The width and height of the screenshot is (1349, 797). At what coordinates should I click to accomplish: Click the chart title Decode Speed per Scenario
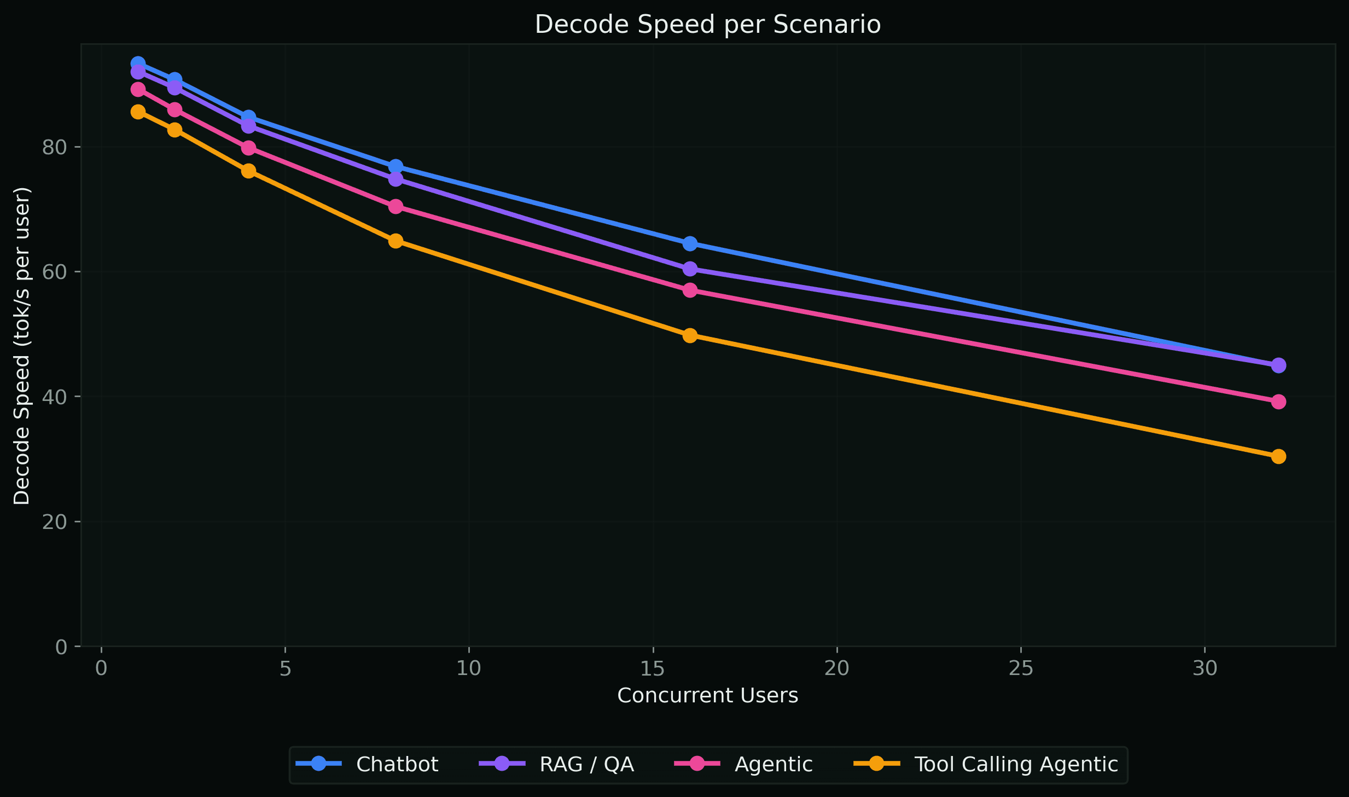point(707,25)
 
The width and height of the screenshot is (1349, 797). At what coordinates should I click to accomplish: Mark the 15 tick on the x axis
point(653,668)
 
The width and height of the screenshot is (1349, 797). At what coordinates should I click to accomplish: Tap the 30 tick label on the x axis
point(1205,668)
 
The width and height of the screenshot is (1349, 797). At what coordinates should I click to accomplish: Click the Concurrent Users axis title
point(707,695)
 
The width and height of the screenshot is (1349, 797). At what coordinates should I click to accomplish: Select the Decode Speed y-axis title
point(22,346)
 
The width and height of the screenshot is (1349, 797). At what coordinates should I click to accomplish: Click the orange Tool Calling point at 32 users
point(1278,456)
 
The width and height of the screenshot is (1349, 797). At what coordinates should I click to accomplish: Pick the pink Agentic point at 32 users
point(1278,402)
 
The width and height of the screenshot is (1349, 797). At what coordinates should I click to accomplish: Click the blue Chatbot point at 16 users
point(690,243)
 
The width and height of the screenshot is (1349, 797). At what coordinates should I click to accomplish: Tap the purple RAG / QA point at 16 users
point(690,269)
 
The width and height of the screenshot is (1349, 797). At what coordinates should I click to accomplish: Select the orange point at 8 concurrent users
point(396,241)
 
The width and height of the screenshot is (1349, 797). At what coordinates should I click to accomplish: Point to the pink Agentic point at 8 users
point(396,206)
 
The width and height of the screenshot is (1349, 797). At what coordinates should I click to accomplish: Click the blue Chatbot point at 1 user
point(138,63)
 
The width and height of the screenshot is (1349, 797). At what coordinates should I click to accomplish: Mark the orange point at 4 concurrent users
point(248,171)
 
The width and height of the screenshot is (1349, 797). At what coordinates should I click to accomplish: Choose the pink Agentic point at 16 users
point(690,290)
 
